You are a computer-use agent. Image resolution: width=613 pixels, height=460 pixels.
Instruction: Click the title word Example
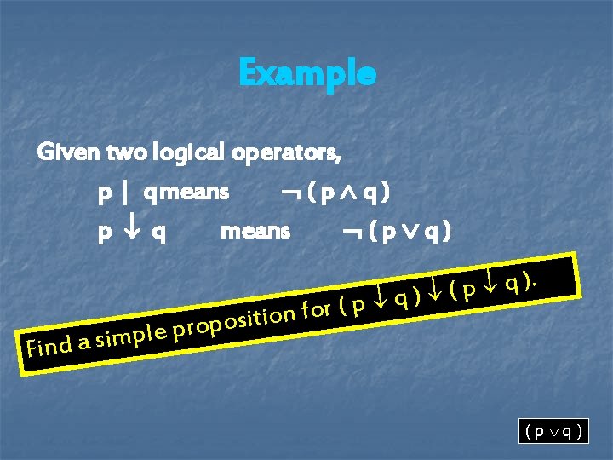pos(306,73)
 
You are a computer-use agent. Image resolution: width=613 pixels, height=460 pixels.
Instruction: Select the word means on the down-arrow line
pos(255,231)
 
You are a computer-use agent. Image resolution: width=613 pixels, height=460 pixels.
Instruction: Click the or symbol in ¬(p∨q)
pos(409,231)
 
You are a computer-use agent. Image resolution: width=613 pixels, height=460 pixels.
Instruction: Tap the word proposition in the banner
pos(234,323)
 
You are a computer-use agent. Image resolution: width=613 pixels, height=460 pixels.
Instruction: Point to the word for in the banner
pos(317,309)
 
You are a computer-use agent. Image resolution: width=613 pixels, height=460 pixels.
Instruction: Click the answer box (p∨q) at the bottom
pos(553,431)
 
